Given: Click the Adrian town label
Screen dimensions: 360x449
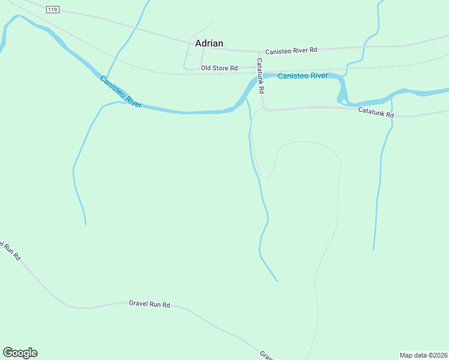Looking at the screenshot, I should (x=209, y=43).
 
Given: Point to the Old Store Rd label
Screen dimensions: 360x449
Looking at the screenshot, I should (x=219, y=68).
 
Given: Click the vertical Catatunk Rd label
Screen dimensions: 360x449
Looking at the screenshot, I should (x=261, y=76).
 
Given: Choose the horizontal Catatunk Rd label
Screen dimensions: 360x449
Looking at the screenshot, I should (x=376, y=112).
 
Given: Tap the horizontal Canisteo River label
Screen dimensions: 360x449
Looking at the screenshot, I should (x=303, y=76).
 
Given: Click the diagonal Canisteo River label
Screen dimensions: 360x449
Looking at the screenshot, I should (x=121, y=92).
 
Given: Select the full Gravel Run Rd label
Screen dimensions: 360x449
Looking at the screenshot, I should (x=149, y=304).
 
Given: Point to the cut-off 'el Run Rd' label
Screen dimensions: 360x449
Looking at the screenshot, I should (x=10, y=251).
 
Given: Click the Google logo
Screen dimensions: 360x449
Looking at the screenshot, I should (x=20, y=353).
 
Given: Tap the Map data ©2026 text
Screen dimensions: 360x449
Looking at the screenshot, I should (x=423, y=355).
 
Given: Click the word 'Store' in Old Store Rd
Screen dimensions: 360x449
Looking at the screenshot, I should (x=220, y=68).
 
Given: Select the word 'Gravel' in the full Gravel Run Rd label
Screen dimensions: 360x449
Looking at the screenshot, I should (x=139, y=304).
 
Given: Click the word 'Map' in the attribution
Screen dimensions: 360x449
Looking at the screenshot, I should (x=407, y=355).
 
